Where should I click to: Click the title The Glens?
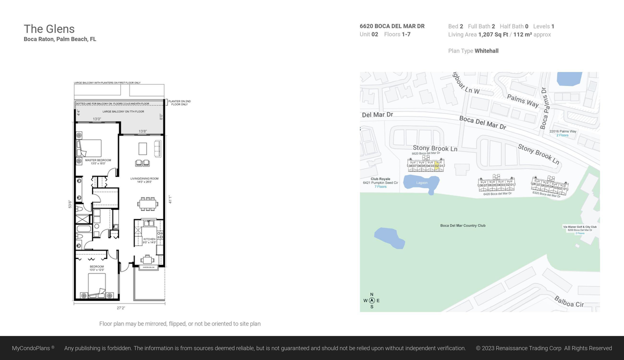(x=49, y=29)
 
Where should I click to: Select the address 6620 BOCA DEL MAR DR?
(x=392, y=26)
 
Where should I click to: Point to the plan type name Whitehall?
(x=486, y=51)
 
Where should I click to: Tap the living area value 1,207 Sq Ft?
(x=493, y=34)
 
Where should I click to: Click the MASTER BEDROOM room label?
(x=98, y=160)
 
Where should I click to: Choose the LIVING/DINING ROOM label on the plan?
(x=144, y=178)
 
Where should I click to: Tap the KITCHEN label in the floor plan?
(x=149, y=239)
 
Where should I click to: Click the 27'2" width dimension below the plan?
(x=120, y=308)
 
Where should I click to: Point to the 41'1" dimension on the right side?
(x=170, y=199)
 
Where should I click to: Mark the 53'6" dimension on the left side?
(x=70, y=204)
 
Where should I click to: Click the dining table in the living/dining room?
(x=147, y=203)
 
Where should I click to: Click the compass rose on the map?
(x=371, y=300)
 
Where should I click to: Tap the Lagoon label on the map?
(x=422, y=183)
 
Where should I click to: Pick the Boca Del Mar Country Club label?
(x=462, y=225)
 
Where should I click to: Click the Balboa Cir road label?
(x=568, y=301)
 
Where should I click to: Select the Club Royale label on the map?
(x=380, y=179)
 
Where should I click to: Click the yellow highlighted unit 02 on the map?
(x=436, y=165)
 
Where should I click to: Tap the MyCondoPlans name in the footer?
(x=31, y=348)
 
